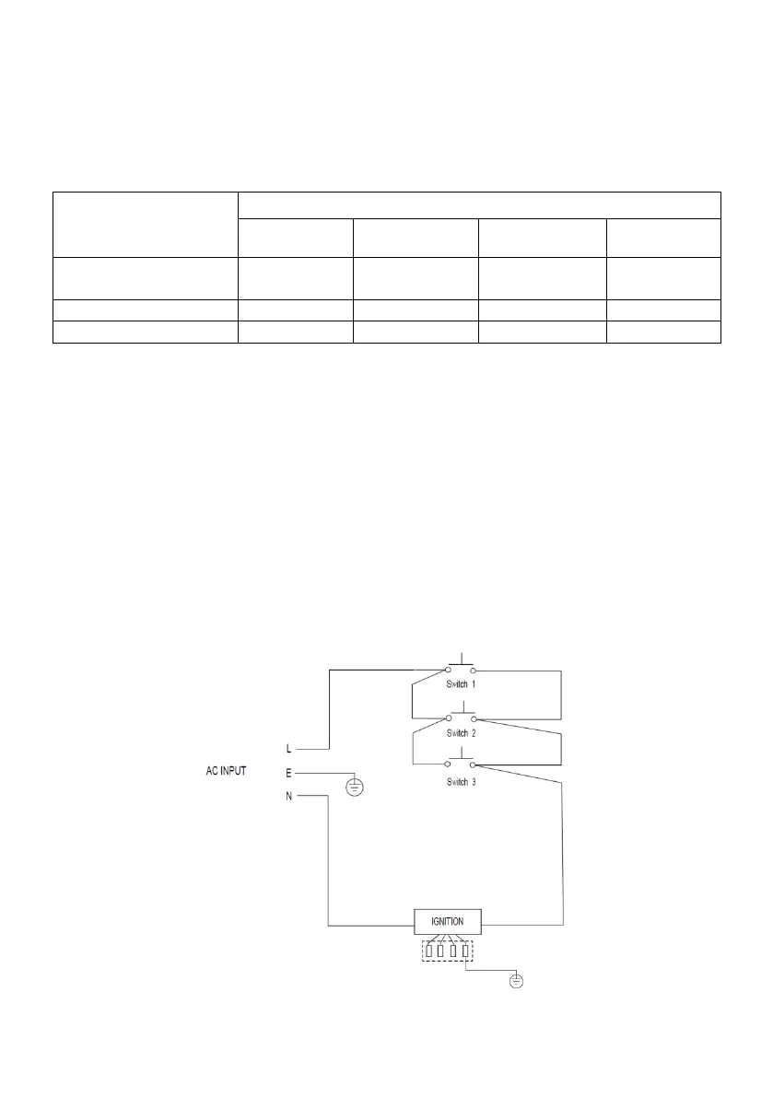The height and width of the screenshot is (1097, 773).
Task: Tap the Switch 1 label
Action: (460, 685)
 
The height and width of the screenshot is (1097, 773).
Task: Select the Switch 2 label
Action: (460, 733)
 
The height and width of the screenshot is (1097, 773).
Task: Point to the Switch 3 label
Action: (460, 781)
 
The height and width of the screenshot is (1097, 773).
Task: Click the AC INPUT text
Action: (225, 771)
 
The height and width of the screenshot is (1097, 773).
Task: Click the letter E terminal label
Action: (289, 772)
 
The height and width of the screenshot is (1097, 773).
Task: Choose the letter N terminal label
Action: (289, 796)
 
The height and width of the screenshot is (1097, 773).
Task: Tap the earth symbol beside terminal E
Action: (353, 787)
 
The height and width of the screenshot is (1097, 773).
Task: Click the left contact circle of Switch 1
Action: (449, 671)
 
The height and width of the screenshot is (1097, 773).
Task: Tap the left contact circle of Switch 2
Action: (449, 718)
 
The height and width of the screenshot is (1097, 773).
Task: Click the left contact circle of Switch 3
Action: (449, 764)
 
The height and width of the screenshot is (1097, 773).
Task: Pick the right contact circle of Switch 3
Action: (472, 764)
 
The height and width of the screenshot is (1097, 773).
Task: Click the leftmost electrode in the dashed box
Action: (429, 950)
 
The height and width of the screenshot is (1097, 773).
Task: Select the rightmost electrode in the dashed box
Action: (466, 950)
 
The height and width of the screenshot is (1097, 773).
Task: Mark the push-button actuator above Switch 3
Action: (460, 757)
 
